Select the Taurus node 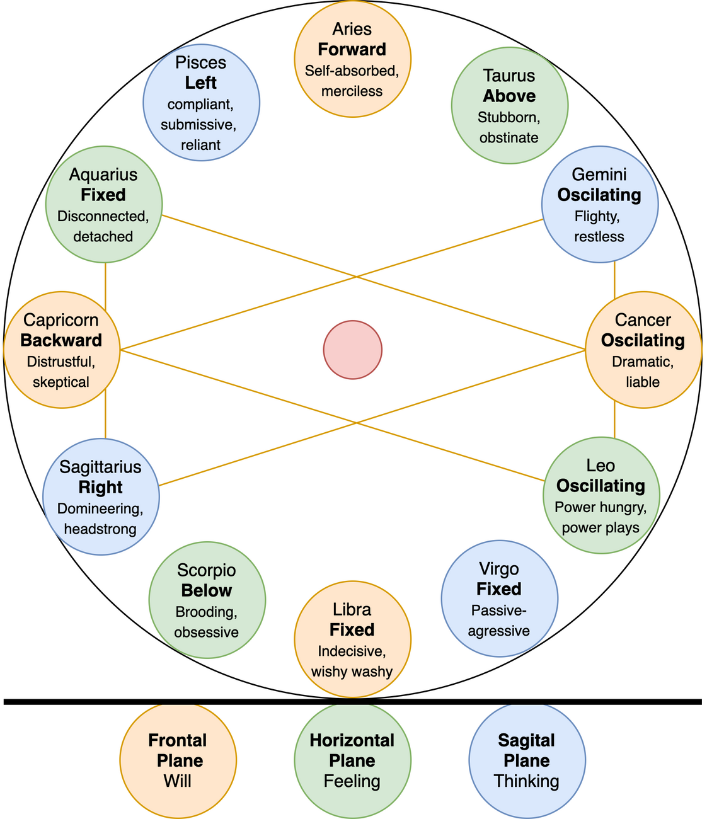(x=509, y=106)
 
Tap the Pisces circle (x=201, y=103)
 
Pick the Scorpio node (x=207, y=600)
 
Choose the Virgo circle (x=499, y=598)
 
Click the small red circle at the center (x=352, y=350)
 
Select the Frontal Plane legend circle (x=178, y=760)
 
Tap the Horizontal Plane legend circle (x=352, y=760)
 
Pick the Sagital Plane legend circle (x=527, y=760)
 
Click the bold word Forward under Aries (x=352, y=50)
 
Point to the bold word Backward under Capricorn (x=61, y=341)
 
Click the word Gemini (x=599, y=175)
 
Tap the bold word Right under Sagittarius (x=101, y=488)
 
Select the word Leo (x=601, y=466)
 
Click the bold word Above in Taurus (x=509, y=96)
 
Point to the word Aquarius (x=103, y=175)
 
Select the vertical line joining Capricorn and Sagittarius (x=105, y=423)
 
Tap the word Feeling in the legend (x=352, y=781)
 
